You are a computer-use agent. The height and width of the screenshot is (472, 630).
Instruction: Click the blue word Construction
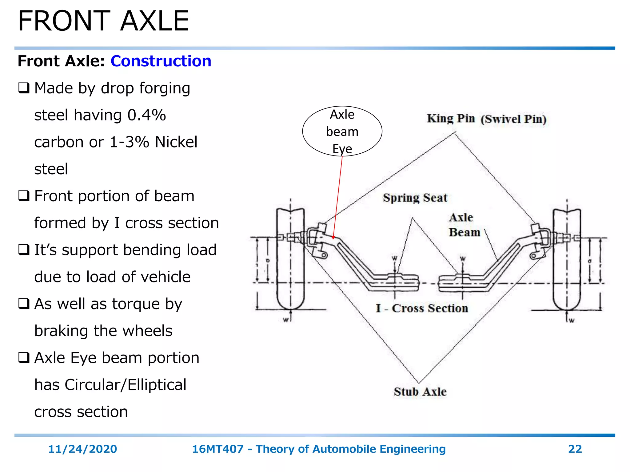[x=161, y=61]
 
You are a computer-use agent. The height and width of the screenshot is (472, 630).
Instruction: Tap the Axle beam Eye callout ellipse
[x=342, y=131]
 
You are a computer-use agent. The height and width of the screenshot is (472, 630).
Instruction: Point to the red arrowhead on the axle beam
[x=333, y=237]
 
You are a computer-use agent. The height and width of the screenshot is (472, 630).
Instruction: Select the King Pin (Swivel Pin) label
[x=486, y=119]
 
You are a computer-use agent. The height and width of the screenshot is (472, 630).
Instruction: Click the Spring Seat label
[x=415, y=198]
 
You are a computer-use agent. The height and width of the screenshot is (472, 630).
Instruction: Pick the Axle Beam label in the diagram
[x=464, y=225]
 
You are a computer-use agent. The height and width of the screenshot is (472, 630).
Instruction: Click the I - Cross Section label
[x=422, y=308]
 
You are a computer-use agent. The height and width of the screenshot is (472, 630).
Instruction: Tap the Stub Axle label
[x=420, y=391]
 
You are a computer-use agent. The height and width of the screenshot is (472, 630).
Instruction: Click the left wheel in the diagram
[x=290, y=258]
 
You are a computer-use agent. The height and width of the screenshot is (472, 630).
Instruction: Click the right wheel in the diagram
[x=567, y=258]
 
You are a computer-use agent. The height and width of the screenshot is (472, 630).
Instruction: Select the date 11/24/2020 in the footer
[x=82, y=449]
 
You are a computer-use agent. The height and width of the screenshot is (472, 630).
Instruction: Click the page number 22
[x=575, y=449]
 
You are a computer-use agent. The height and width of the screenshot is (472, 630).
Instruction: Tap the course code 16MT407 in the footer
[x=217, y=449]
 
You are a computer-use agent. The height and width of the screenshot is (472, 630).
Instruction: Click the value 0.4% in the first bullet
[x=146, y=115]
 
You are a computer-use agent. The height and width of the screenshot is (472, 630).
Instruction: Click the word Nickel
[x=176, y=142]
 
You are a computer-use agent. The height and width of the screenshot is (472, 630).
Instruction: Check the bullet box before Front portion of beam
[x=24, y=196]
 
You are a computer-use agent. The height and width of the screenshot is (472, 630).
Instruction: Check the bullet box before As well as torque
[x=24, y=304]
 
